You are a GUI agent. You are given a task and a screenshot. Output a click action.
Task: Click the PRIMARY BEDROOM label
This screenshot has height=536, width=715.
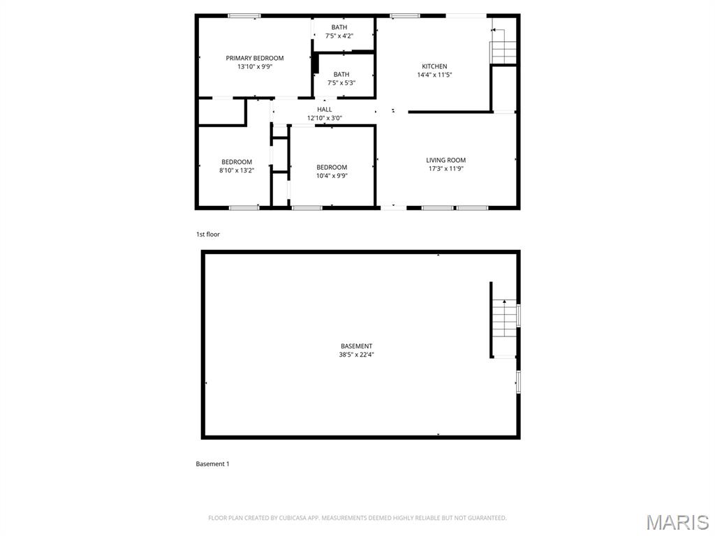click(255, 58)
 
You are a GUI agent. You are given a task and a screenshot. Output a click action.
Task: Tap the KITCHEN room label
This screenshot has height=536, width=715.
click(434, 66)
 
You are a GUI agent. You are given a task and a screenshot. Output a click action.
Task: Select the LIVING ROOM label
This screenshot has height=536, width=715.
click(446, 160)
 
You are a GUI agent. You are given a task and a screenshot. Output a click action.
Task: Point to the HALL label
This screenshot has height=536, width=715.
click(325, 110)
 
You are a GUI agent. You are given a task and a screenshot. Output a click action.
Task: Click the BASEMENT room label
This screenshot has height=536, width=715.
click(357, 346)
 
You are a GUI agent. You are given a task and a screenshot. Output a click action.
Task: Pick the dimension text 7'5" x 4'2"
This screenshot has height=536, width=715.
click(339, 36)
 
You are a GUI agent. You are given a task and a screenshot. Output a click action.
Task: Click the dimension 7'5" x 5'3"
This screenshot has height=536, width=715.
click(341, 83)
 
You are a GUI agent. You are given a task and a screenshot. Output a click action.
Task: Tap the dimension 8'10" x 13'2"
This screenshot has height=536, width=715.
click(237, 170)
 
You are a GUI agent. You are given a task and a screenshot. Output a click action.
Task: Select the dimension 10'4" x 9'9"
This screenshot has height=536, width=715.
click(332, 176)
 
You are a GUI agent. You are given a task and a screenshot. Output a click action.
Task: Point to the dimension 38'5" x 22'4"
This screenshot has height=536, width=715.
click(357, 355)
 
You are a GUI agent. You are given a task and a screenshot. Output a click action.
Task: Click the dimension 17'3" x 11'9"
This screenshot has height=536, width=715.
click(446, 169)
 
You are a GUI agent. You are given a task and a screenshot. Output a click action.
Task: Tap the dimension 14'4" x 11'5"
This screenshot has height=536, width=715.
click(434, 75)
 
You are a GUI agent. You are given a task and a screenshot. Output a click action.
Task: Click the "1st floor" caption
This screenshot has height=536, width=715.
click(208, 234)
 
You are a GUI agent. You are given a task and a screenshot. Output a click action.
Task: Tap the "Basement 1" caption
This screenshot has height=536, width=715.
click(212, 464)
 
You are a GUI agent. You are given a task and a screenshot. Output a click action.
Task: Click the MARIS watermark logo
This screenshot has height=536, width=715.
click(677, 521)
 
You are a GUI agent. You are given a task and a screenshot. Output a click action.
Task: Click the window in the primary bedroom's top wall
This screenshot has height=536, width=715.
click(244, 15)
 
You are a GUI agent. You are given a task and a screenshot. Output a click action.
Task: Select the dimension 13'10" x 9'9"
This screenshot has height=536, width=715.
click(255, 67)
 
